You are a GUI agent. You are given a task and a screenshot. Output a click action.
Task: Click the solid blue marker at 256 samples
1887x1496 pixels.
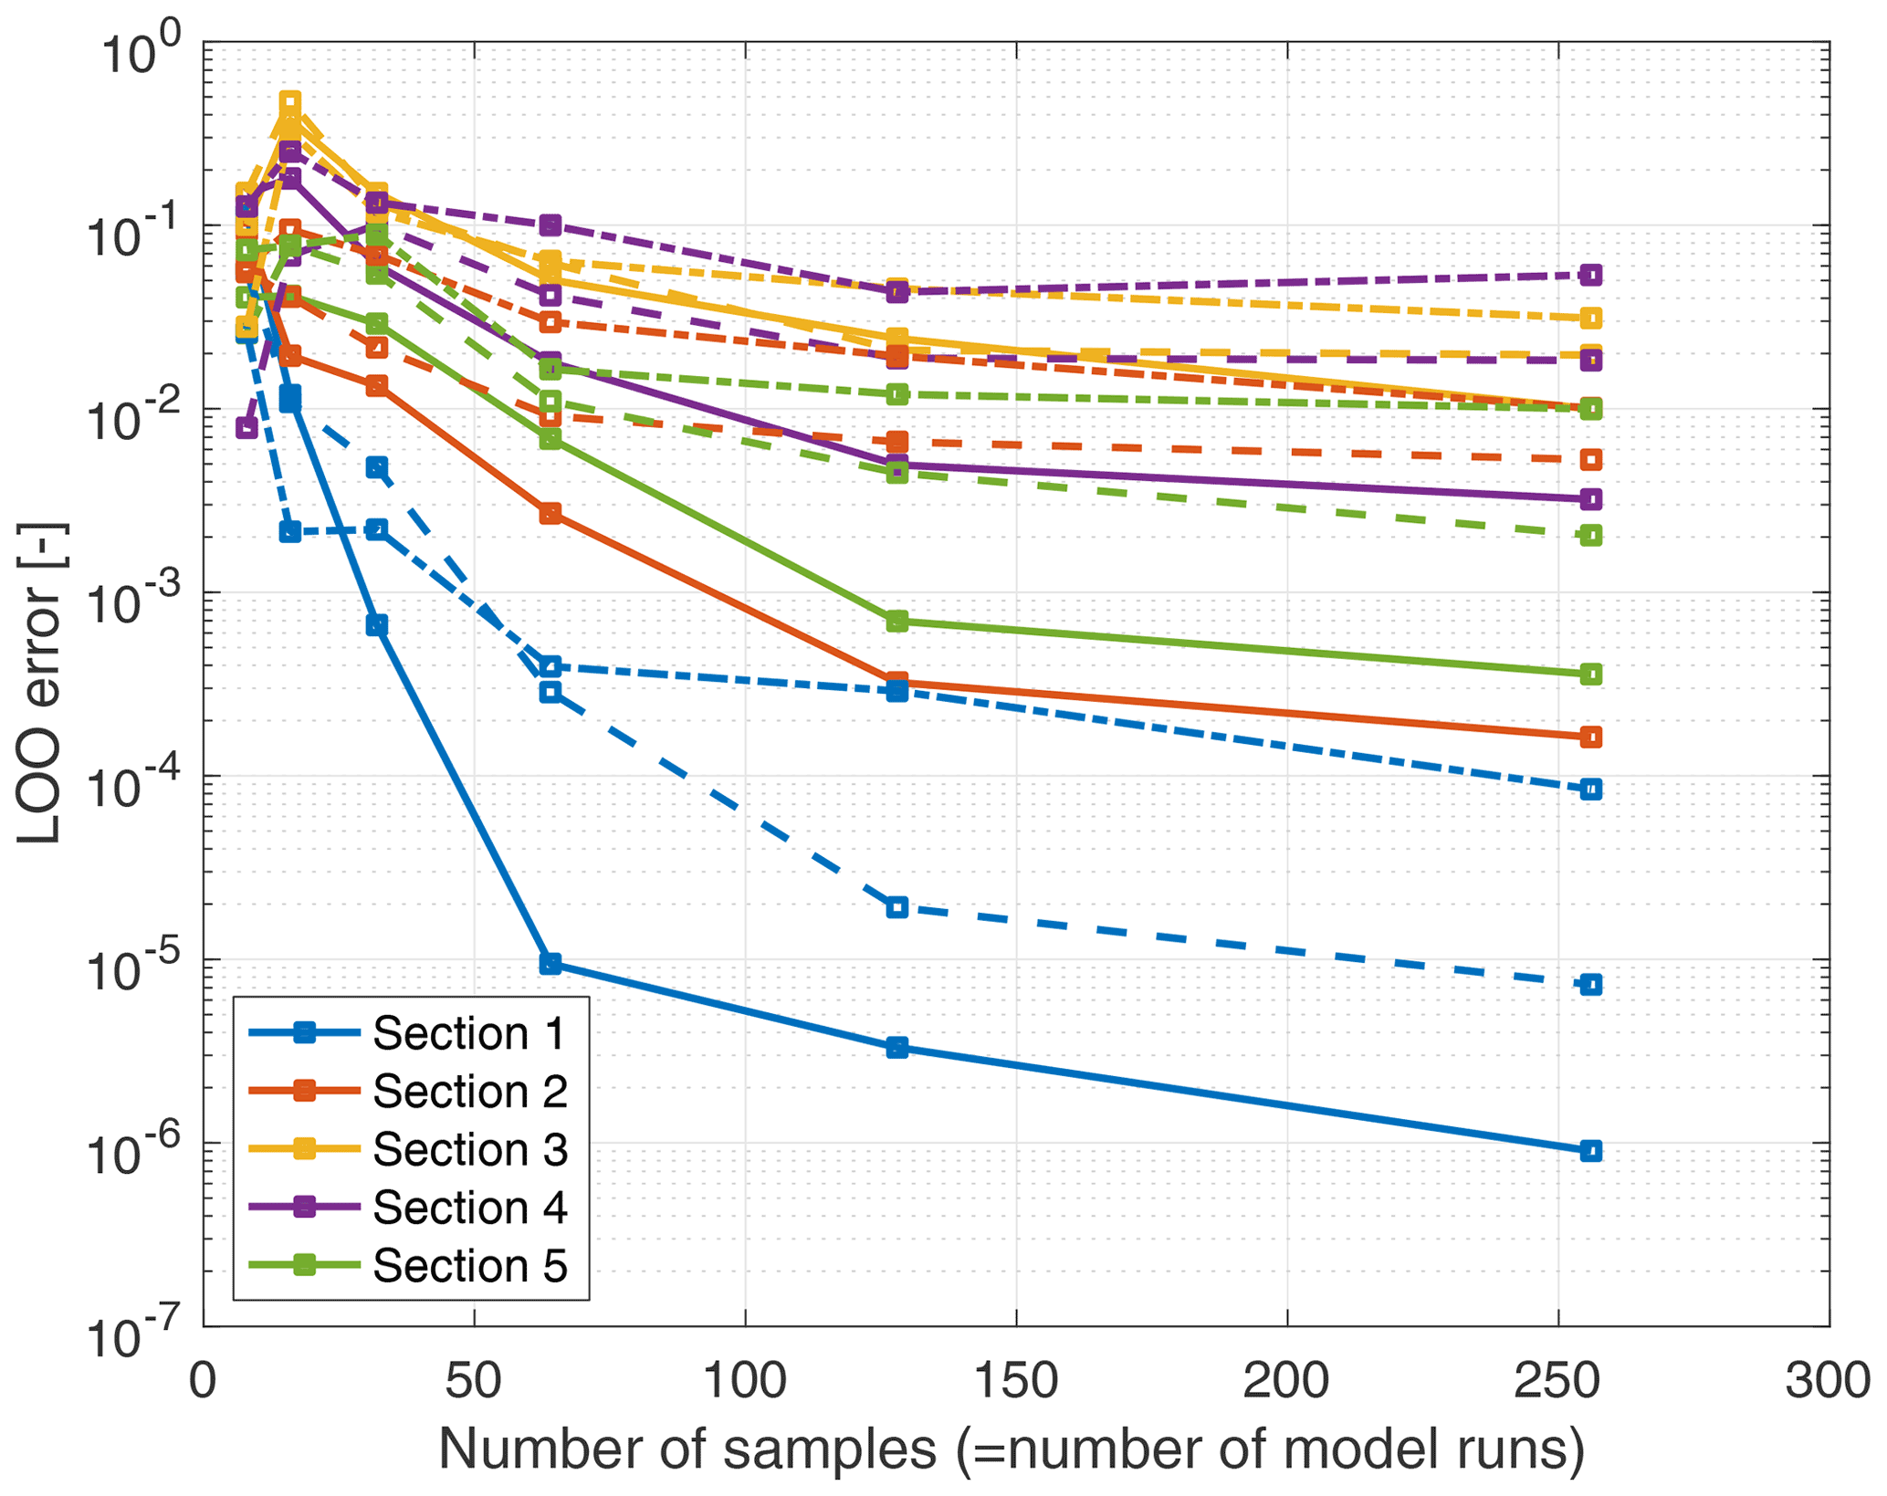[1590, 1151]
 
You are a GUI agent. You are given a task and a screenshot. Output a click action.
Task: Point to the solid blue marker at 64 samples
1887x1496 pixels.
[550, 964]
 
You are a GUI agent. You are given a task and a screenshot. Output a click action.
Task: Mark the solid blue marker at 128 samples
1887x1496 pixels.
[897, 1047]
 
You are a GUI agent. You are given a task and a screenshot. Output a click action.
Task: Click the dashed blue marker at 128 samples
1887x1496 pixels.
[897, 907]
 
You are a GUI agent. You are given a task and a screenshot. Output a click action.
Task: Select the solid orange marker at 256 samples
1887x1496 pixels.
[1590, 737]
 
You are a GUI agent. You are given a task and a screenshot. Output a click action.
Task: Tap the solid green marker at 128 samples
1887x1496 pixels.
[897, 622]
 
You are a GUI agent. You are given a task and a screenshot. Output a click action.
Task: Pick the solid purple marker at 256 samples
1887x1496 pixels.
[1590, 499]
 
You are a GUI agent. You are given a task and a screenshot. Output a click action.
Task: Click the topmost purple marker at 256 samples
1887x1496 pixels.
[1590, 275]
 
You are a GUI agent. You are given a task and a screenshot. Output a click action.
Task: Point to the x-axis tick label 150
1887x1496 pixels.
[1016, 1380]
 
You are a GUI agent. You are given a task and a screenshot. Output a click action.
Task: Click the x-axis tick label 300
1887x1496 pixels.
[1828, 1380]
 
